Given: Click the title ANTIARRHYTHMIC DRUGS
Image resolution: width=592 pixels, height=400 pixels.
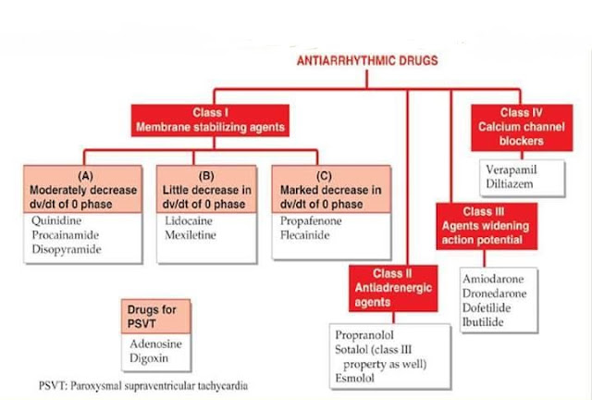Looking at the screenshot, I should point(366,62).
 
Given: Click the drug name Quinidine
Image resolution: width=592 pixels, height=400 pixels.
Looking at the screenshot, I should point(55,222).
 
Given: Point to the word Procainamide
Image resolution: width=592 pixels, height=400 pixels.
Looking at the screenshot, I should point(64,236).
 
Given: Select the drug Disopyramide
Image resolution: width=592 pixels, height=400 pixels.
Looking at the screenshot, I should point(64,249).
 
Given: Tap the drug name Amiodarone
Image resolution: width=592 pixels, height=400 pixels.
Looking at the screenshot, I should point(495,279).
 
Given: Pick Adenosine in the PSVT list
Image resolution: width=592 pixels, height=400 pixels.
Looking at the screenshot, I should point(155,344).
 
